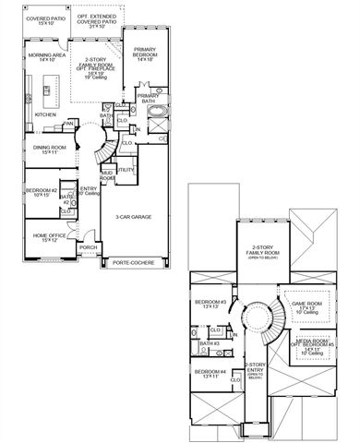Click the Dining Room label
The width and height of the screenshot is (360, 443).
point(54,146)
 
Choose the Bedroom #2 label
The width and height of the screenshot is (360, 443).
point(42,191)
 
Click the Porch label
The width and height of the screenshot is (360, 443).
point(89,246)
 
